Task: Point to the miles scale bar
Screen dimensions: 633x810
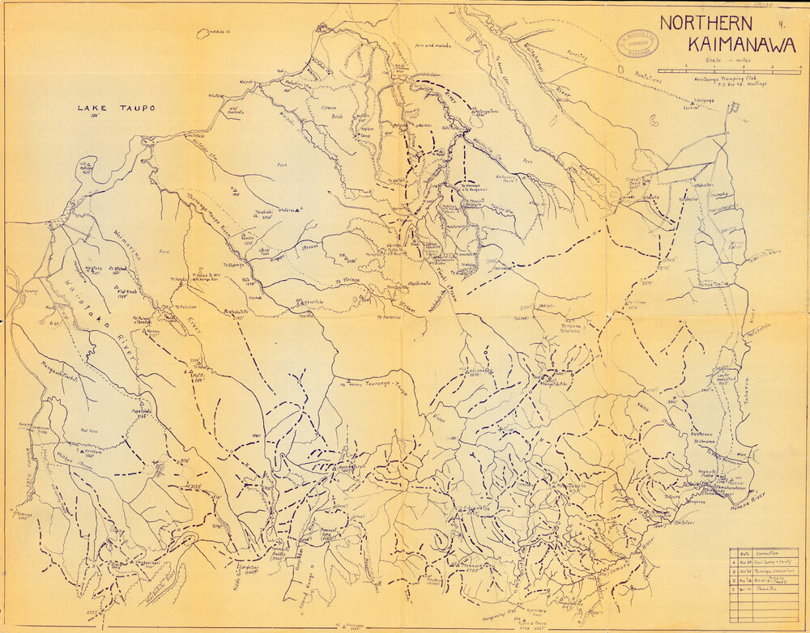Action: [x=728, y=70]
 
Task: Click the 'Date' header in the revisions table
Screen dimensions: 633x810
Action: [x=741, y=554]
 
